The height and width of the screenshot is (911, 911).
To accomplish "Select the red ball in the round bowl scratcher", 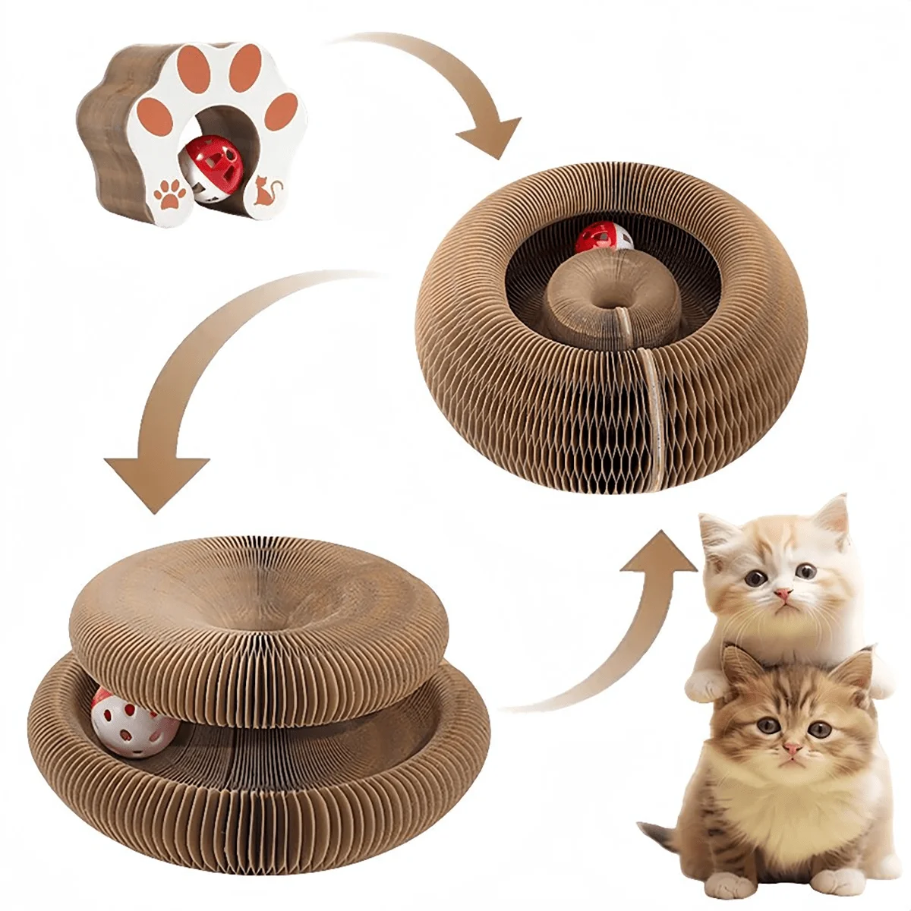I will pos(600,241).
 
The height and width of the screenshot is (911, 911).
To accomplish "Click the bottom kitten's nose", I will pos(791,749).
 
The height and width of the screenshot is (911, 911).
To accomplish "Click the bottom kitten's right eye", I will pos(819,730).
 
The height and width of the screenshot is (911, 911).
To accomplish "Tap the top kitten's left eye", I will pos(754,579).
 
